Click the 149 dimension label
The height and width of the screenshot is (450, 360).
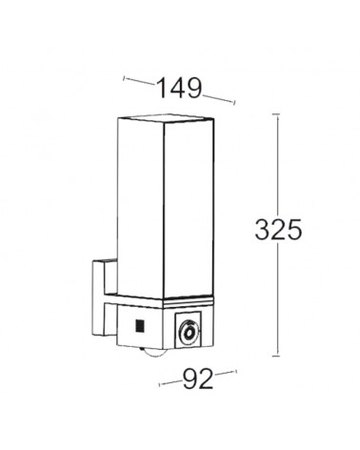tap(179, 88)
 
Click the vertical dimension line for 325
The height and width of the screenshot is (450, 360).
tap(278, 172)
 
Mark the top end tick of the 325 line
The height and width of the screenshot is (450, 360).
tap(278, 114)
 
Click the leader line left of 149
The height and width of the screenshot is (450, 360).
tap(138, 83)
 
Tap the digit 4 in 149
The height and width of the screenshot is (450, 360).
tap(179, 88)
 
